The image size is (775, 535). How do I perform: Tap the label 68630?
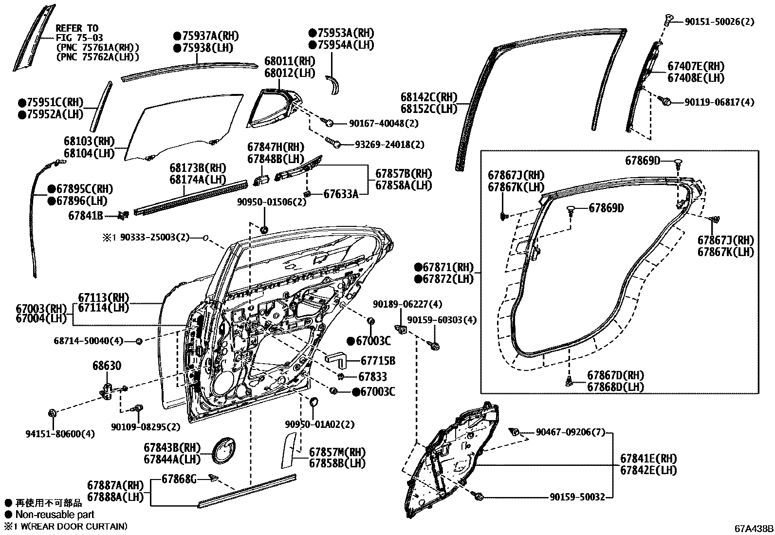coord(107,366)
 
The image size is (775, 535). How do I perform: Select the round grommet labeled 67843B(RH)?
coord(225,450)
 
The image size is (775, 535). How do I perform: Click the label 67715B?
coord(378,361)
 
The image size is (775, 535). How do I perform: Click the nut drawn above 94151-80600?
coord(52,414)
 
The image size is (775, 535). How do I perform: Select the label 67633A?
coord(341,194)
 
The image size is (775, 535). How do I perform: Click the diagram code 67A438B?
coord(754,528)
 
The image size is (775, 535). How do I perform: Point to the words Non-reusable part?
coord(55,514)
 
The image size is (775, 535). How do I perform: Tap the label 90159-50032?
coord(577,497)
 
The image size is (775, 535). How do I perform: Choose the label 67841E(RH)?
coord(648,458)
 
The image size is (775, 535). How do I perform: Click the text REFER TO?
coord(76,28)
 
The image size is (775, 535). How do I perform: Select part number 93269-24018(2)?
coord(389,145)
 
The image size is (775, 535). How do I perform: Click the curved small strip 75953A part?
coord(334,86)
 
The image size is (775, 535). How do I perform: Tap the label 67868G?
coord(179,480)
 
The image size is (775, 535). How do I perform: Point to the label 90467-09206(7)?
coord(570,431)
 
